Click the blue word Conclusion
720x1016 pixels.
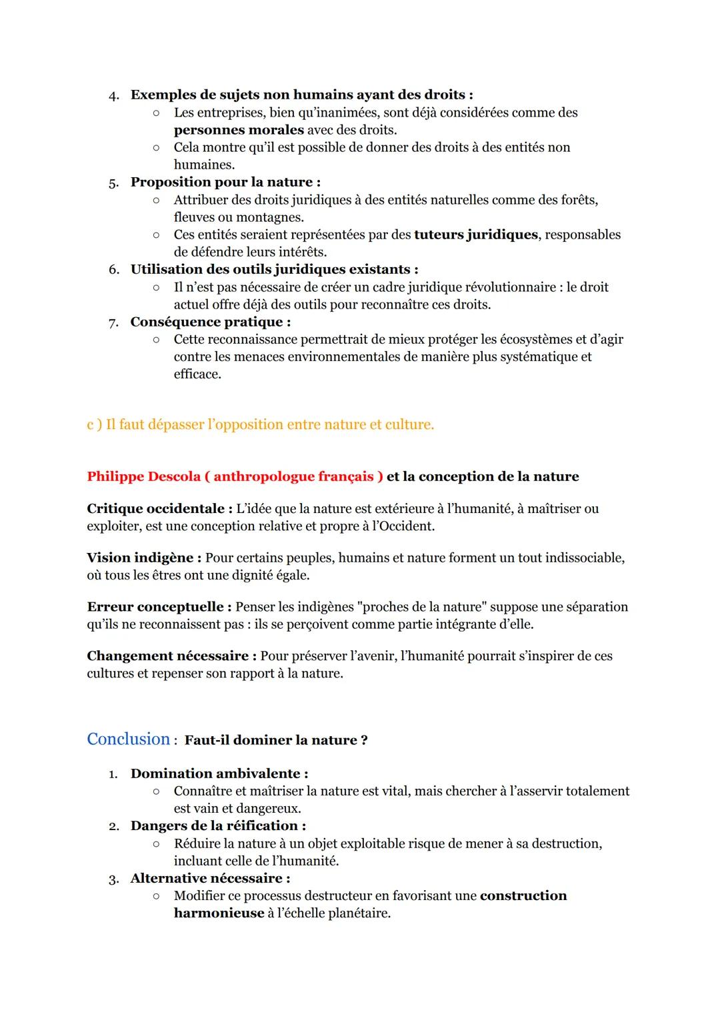click(x=129, y=739)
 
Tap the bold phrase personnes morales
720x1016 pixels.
click(x=239, y=130)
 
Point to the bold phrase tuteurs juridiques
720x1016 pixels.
click(x=475, y=235)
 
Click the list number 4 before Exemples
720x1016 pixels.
click(x=113, y=95)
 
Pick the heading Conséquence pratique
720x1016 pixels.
click(x=210, y=322)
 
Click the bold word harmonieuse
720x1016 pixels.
click(x=219, y=913)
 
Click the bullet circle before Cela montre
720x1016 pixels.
click(x=156, y=147)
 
